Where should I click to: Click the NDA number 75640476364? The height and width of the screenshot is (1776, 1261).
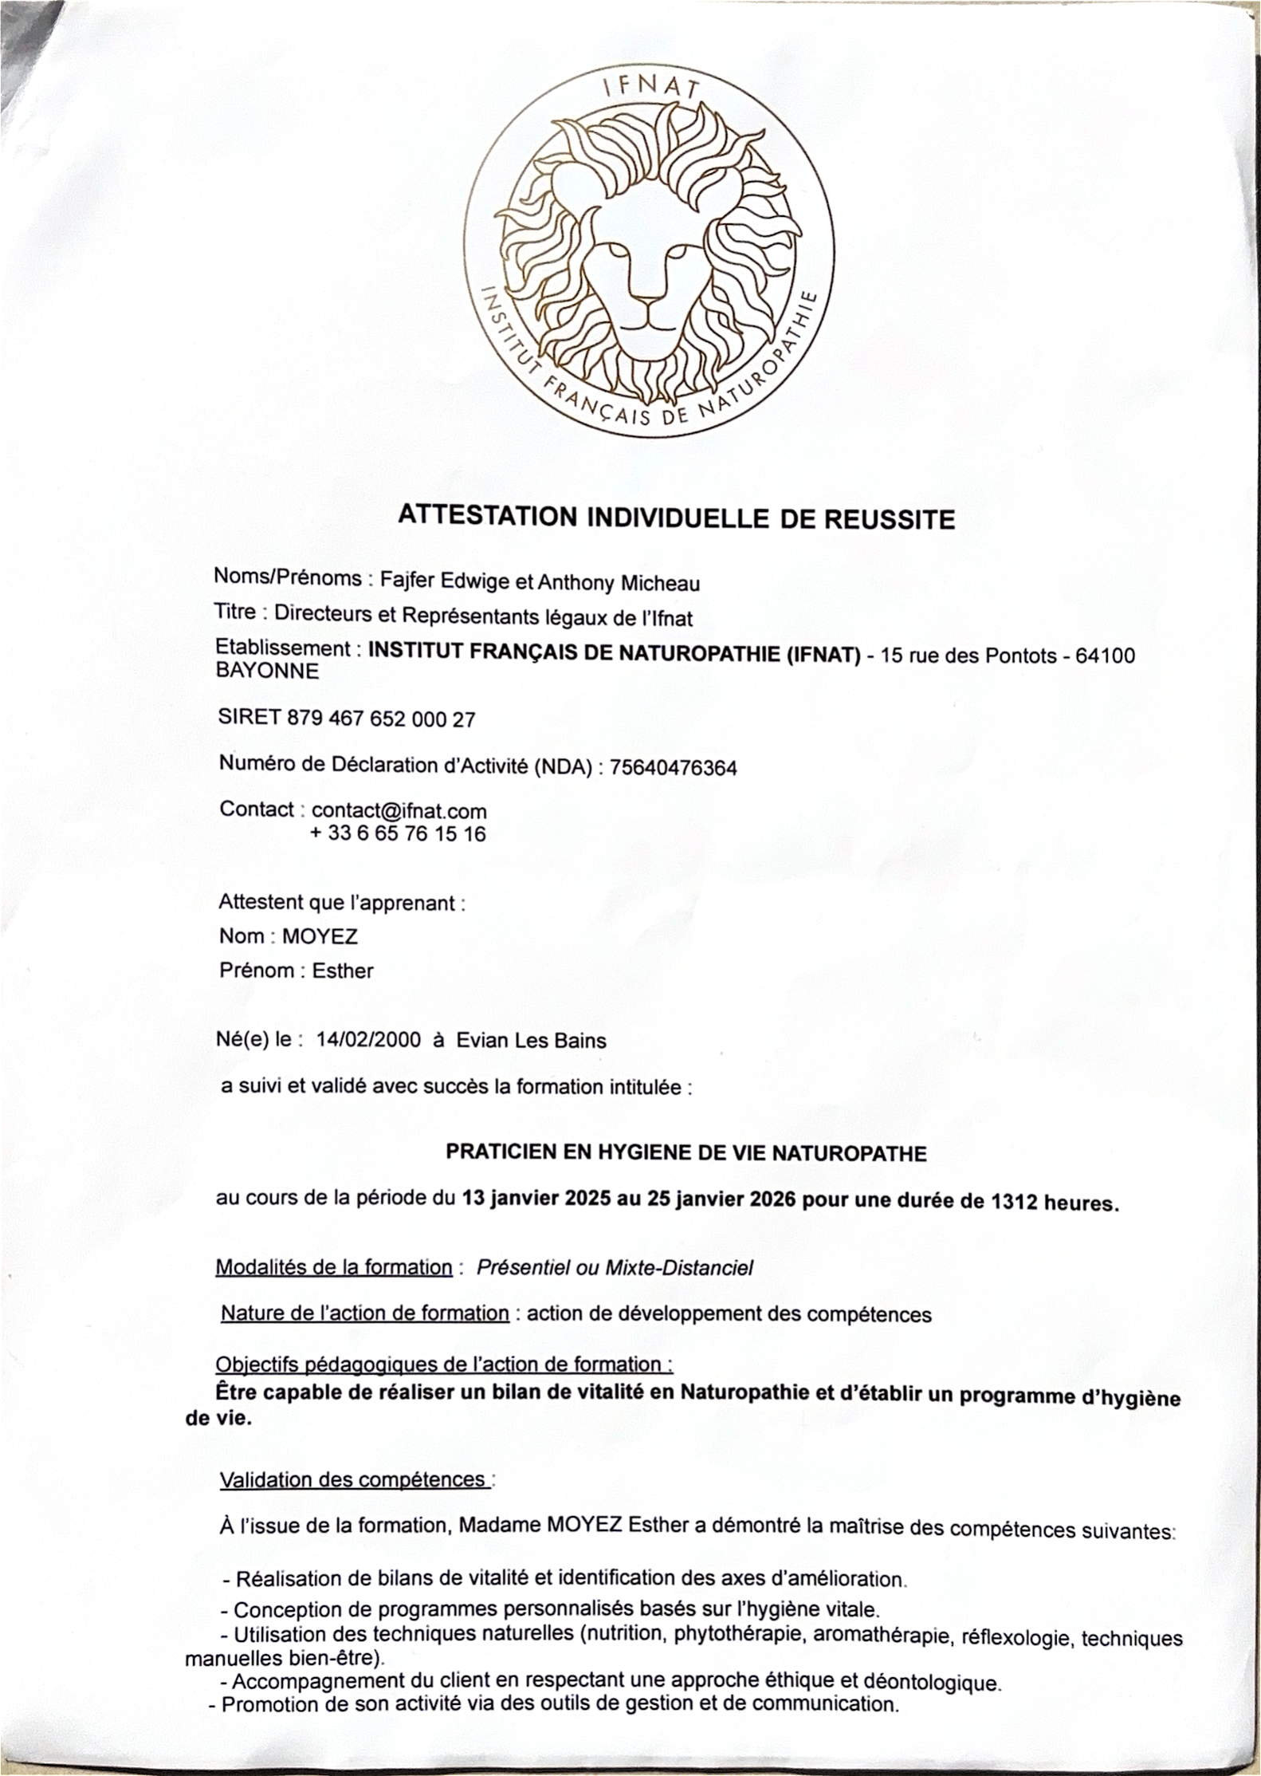click(x=673, y=768)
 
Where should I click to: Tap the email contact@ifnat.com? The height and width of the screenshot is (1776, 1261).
click(x=399, y=811)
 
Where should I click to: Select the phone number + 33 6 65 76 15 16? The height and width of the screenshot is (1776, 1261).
click(x=397, y=834)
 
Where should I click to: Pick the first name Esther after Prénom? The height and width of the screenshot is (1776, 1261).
click(x=343, y=971)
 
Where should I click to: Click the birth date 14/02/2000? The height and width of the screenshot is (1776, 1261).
click(x=367, y=1040)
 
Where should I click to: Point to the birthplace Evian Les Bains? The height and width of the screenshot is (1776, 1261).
click(x=531, y=1041)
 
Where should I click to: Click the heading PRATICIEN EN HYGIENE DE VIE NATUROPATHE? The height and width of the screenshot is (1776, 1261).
click(x=685, y=1153)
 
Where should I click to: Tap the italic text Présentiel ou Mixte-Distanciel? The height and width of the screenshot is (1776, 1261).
click(x=615, y=1268)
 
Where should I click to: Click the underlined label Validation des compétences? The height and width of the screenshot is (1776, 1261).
click(x=355, y=1480)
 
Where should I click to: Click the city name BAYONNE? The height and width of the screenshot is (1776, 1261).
click(x=268, y=671)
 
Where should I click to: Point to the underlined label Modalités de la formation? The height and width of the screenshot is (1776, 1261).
click(x=334, y=1267)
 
